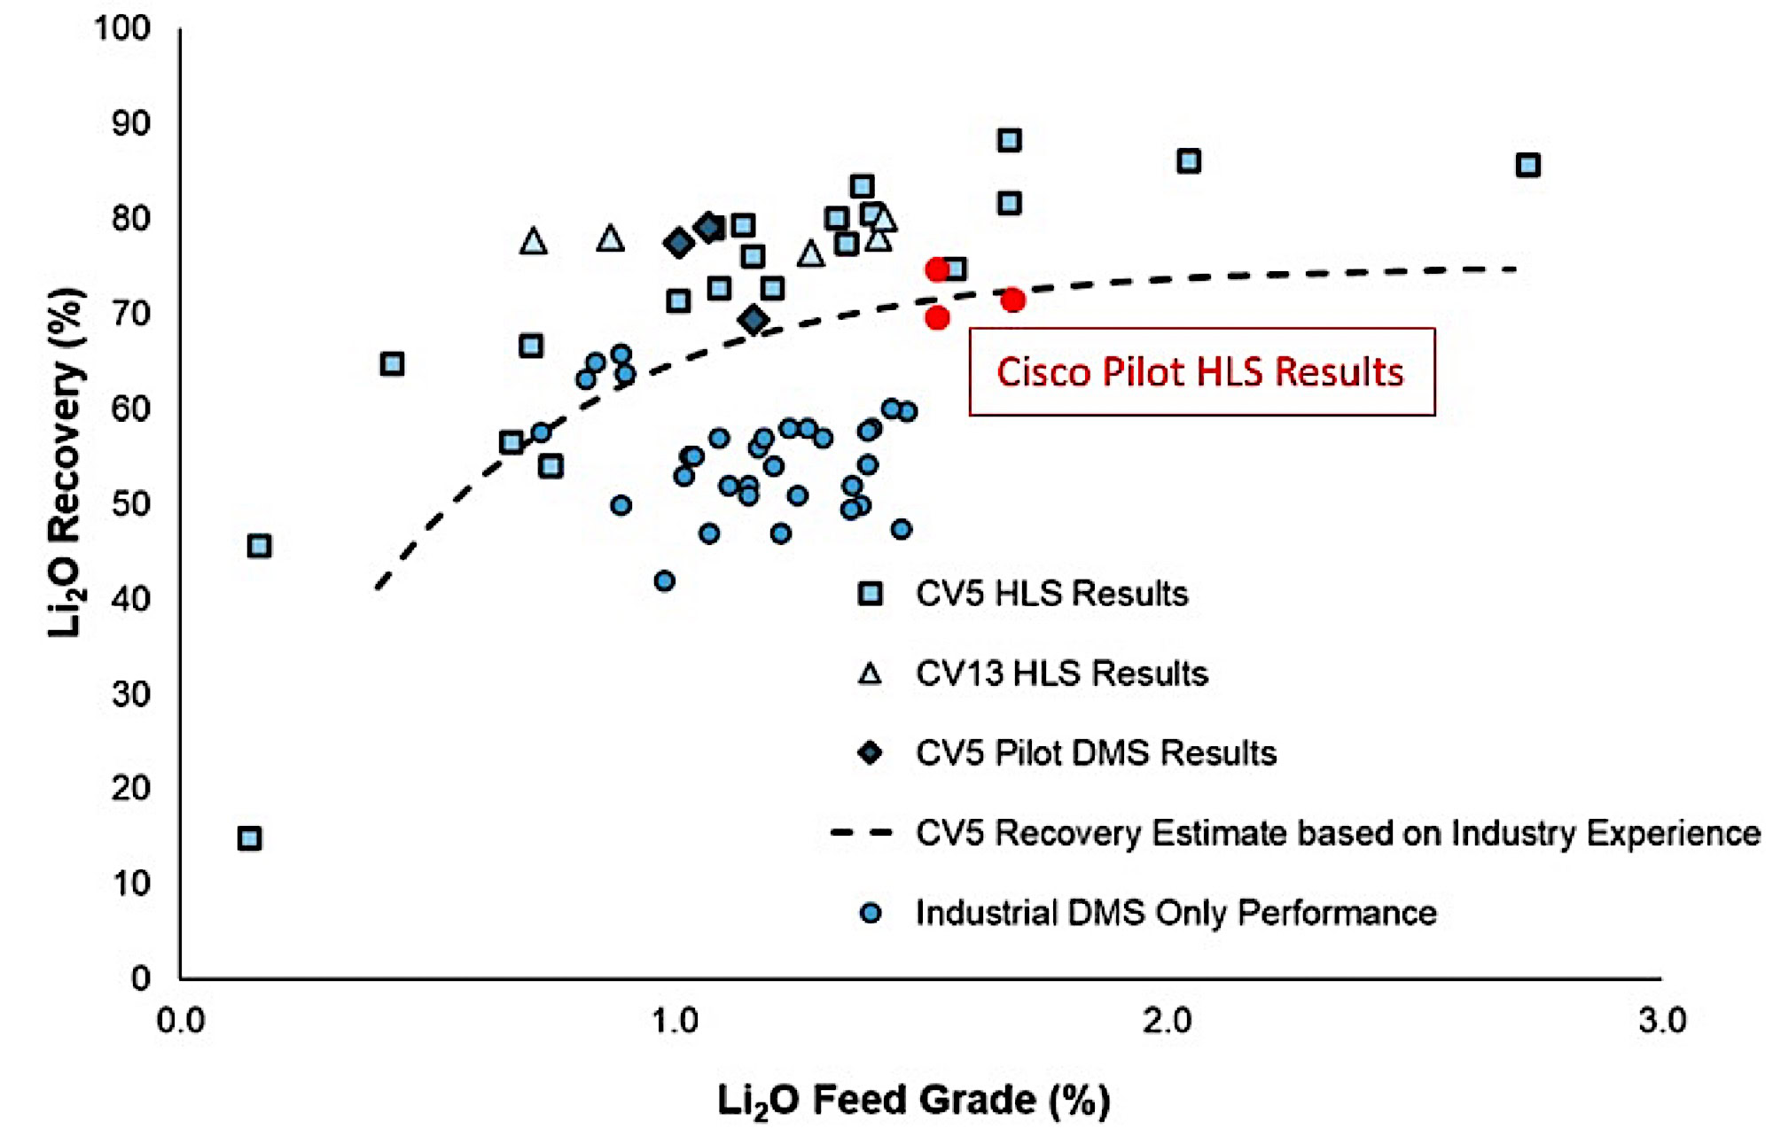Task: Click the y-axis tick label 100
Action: click(122, 28)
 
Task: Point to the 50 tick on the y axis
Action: click(130, 503)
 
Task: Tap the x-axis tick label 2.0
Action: click(1167, 1022)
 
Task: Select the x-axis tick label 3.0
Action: click(1661, 1022)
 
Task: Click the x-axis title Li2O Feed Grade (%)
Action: click(913, 1101)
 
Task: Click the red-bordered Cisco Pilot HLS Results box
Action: click(1201, 372)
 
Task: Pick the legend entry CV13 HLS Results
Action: click(1061, 674)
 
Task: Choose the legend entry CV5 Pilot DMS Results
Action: click(1096, 753)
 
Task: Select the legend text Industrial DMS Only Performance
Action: click(1175, 913)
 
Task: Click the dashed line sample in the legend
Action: click(861, 833)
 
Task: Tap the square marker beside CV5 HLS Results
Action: click(871, 594)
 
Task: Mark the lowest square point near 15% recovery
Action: click(250, 838)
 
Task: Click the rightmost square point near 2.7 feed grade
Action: click(1527, 165)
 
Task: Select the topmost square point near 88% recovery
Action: click(1009, 140)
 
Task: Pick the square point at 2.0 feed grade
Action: click(1189, 161)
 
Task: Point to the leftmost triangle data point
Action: click(533, 241)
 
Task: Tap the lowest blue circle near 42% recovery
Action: click(664, 581)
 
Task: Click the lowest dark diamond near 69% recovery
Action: click(754, 320)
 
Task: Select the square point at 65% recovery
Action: click(392, 364)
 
